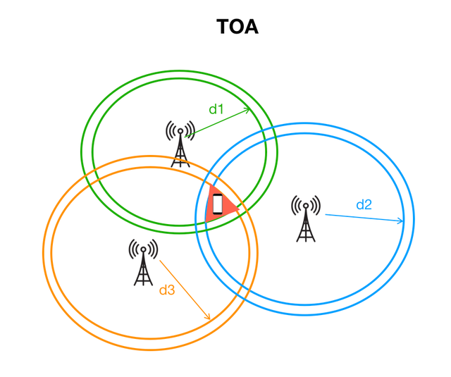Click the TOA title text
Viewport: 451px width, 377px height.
point(237,27)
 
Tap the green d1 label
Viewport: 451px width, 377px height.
point(216,109)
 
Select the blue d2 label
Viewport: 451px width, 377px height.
point(364,205)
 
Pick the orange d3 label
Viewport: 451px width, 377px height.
point(166,289)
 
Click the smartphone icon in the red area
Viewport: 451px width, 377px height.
point(218,204)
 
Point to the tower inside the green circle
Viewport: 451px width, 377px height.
point(180,144)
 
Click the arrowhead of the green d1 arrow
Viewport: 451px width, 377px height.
point(247,109)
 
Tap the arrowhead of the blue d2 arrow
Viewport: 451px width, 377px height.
point(402,221)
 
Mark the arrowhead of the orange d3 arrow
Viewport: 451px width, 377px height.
point(208,318)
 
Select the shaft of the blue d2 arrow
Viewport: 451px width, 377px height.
point(363,217)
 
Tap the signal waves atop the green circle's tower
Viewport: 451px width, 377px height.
point(180,130)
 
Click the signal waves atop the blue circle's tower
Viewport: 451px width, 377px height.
point(306,205)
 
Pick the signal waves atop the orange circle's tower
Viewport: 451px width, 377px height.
point(143,248)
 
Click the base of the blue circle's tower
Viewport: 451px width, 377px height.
point(306,240)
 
